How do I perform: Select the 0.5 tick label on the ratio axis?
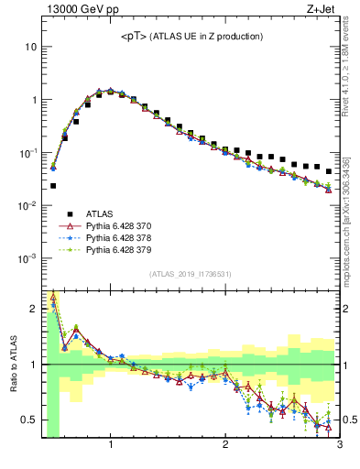[x=29, y=420]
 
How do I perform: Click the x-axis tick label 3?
[x=338, y=446]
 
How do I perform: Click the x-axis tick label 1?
[x=111, y=446]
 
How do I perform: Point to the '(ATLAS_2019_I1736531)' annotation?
[x=190, y=274]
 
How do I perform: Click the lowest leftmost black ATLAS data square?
[x=53, y=186]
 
